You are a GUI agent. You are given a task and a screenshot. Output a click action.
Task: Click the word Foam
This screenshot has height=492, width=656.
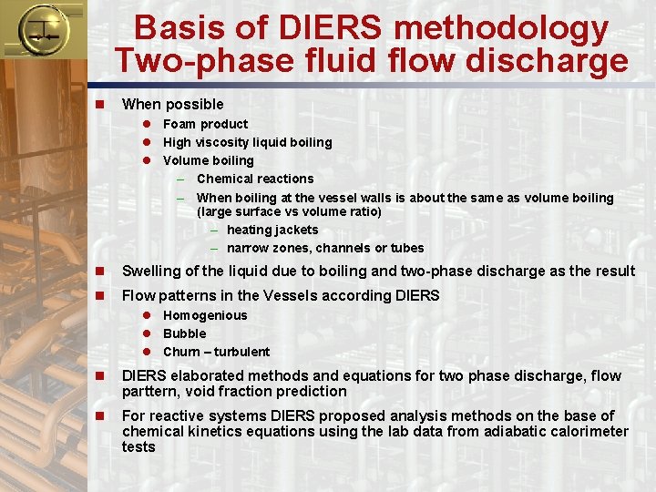(179, 124)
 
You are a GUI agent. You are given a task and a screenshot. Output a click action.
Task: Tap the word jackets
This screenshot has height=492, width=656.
(297, 230)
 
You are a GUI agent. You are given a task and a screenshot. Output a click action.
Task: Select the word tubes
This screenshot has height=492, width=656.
(407, 248)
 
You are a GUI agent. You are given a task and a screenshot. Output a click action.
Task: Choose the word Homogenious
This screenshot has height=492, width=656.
(205, 315)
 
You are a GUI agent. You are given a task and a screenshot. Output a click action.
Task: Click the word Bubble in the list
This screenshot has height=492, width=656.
(185, 333)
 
